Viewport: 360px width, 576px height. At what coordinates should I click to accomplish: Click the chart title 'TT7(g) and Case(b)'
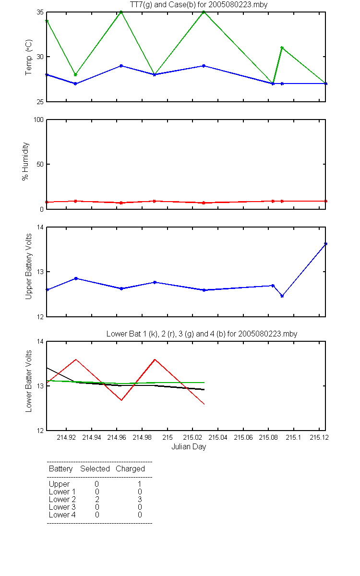[x=162, y=5]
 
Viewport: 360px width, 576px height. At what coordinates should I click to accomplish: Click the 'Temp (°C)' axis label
[x=28, y=57]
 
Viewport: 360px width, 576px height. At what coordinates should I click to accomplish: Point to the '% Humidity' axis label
[x=25, y=161]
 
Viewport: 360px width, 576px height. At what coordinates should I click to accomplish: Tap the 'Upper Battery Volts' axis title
[x=28, y=266]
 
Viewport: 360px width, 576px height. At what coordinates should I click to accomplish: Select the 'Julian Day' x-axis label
[x=189, y=446]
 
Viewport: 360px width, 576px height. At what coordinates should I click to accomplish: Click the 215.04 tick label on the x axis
[x=218, y=437]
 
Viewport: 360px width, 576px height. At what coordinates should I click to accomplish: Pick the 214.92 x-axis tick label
[x=66, y=437]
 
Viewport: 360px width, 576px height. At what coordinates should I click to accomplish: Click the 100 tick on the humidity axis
[x=38, y=120]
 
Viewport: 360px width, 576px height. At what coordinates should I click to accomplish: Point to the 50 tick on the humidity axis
[x=40, y=164]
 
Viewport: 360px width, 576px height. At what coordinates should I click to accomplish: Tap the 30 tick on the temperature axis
[x=40, y=57]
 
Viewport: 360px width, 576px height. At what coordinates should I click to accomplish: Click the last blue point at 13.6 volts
[x=325, y=244]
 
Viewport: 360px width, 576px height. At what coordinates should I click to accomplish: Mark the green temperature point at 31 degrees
[x=282, y=48]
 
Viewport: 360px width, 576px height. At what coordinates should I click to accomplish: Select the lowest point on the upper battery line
[x=282, y=296]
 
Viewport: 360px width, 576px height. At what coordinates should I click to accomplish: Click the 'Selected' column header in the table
[x=95, y=468]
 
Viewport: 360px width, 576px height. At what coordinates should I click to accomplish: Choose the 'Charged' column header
[x=130, y=469]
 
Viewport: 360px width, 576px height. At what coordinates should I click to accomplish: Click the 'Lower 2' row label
[x=62, y=499]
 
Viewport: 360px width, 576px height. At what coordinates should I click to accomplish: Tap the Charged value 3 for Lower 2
[x=140, y=499]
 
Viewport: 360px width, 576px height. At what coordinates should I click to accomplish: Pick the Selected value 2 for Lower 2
[x=97, y=499]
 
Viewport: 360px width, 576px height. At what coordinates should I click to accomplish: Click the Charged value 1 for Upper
[x=140, y=484]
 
